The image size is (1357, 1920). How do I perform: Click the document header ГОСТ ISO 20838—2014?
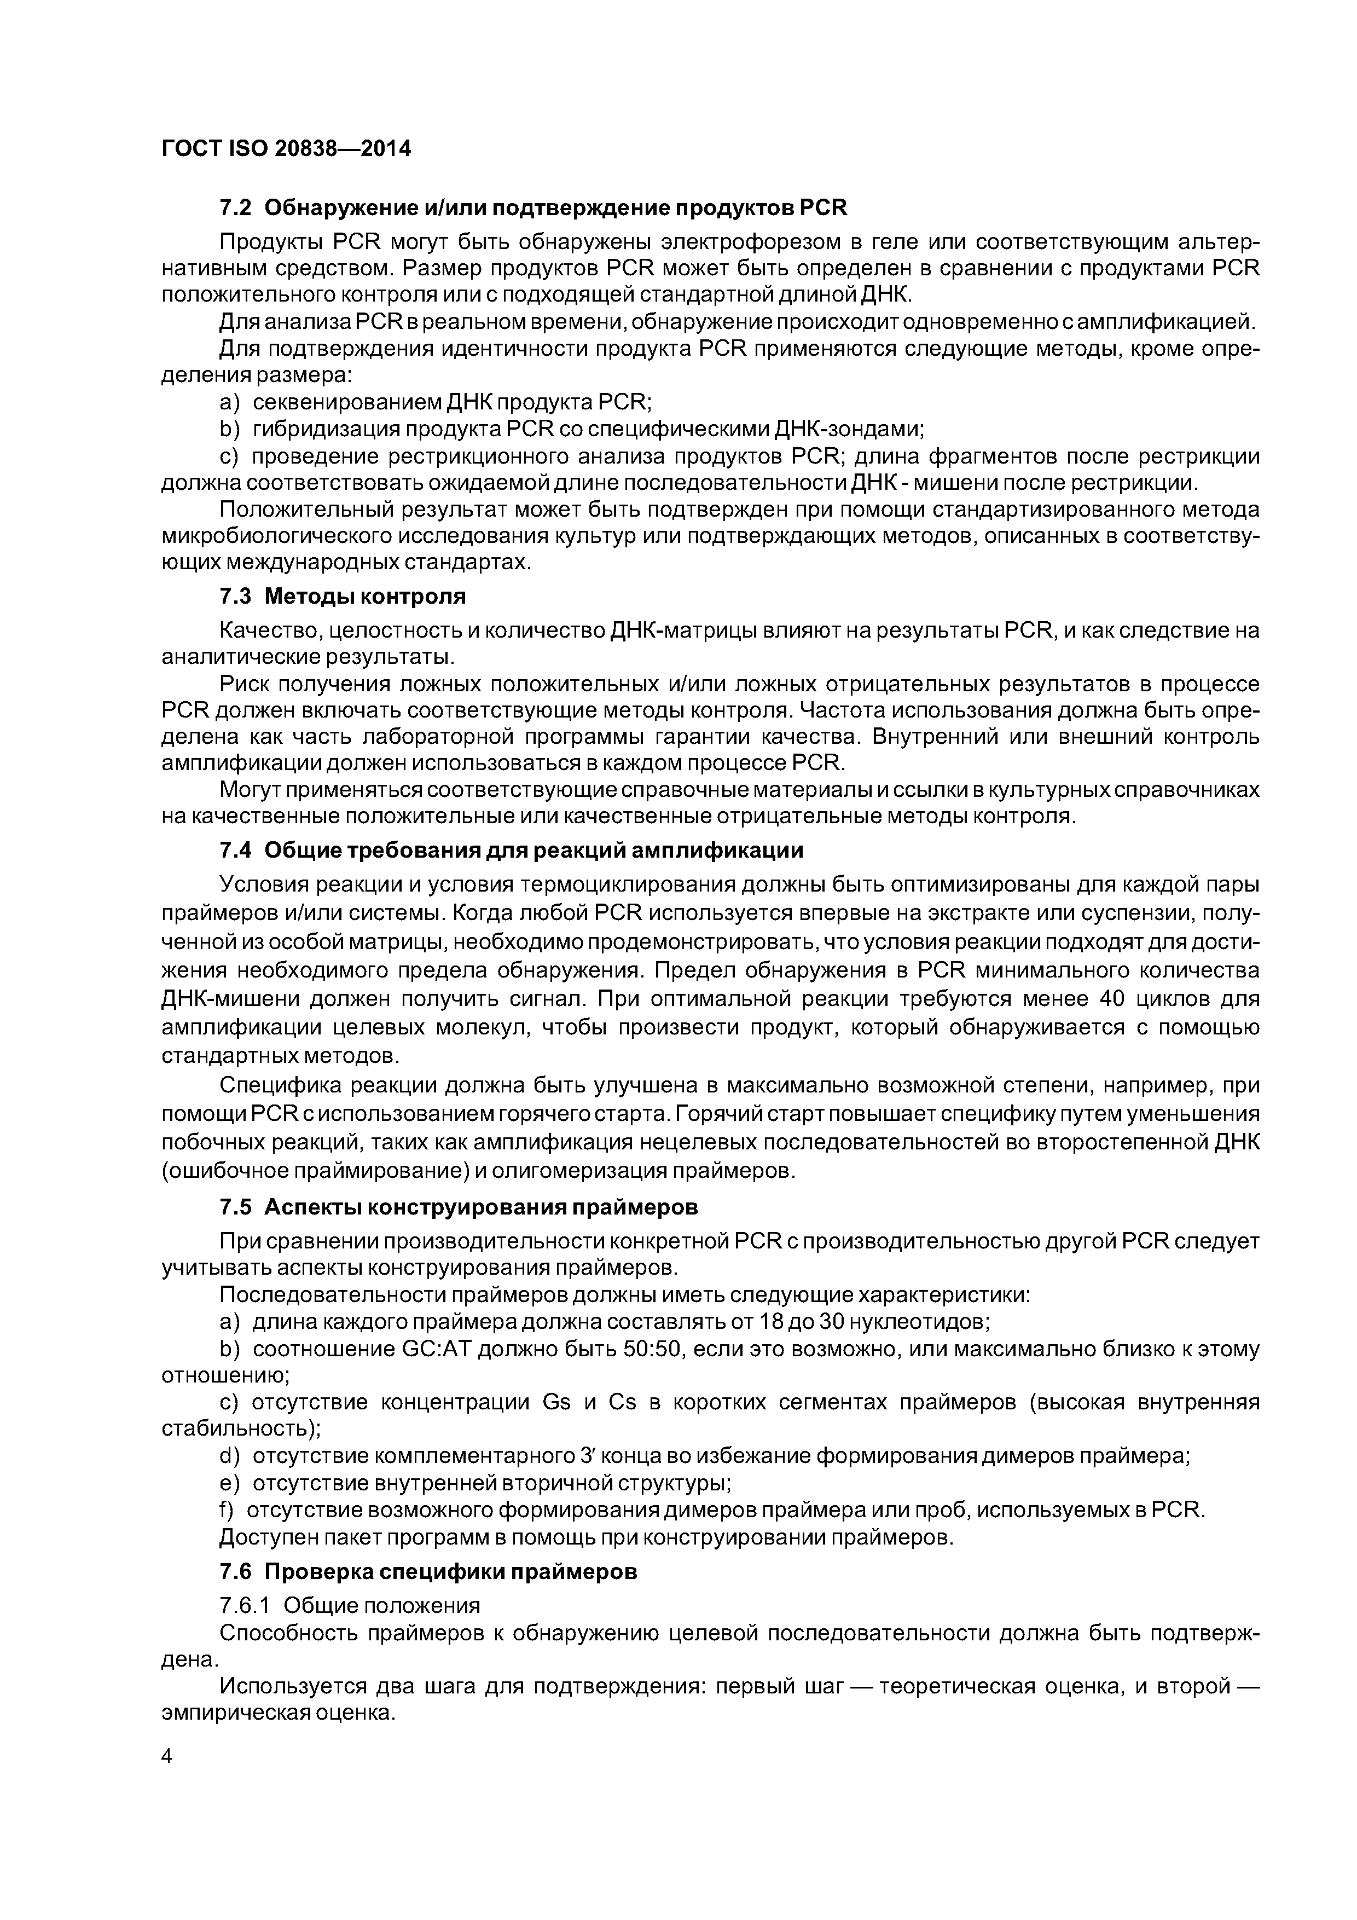(286, 149)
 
